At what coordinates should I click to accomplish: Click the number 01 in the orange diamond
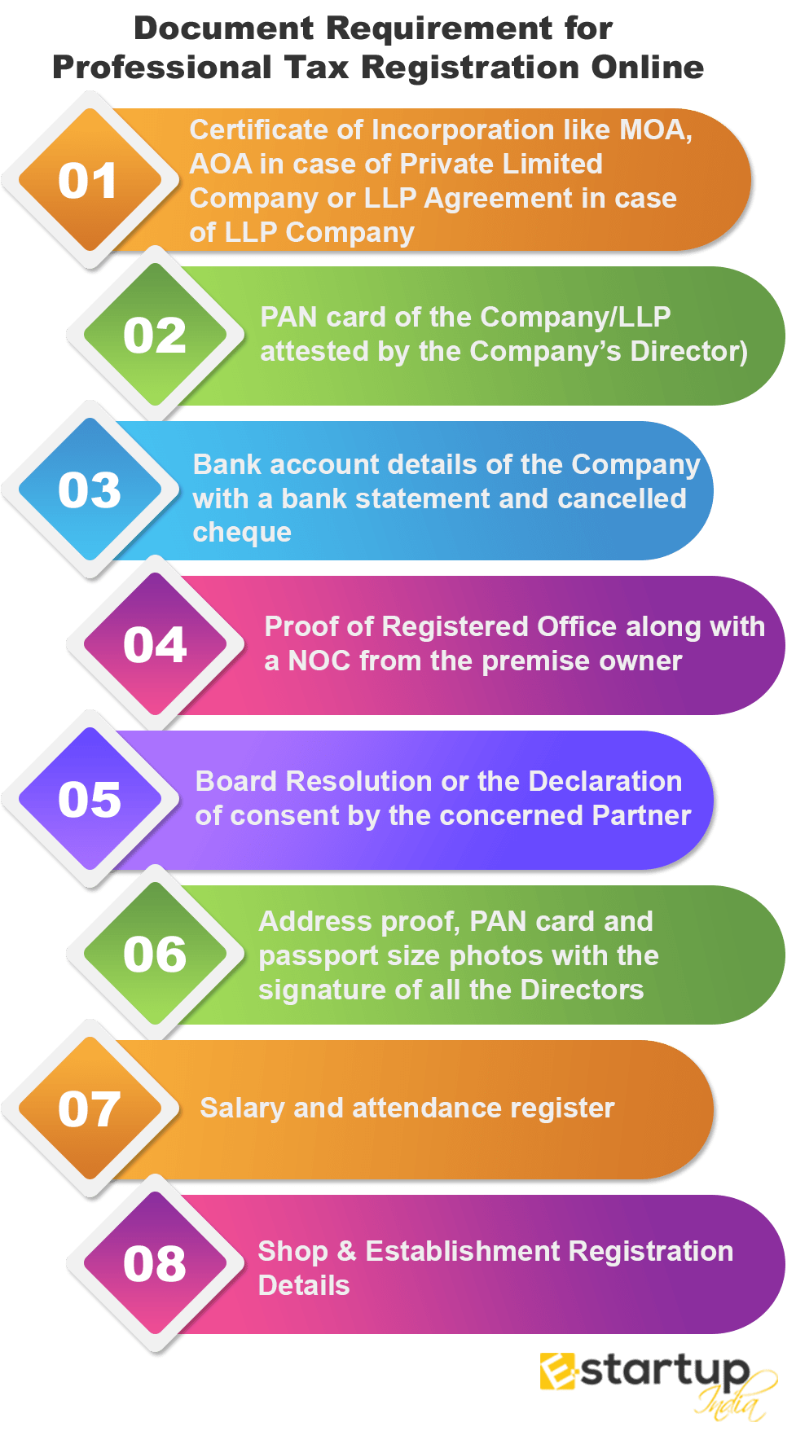(88, 181)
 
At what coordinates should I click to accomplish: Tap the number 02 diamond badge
(155, 336)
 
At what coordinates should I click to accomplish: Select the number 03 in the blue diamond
(90, 490)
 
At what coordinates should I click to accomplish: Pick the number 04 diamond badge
(155, 645)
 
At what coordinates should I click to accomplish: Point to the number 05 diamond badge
(90, 800)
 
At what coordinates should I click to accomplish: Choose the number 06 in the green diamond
(155, 955)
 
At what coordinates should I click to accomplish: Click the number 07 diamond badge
(90, 1109)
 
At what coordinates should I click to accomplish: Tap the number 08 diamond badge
(155, 1264)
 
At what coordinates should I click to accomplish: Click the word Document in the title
(223, 29)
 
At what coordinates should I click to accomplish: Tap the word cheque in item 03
(242, 533)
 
